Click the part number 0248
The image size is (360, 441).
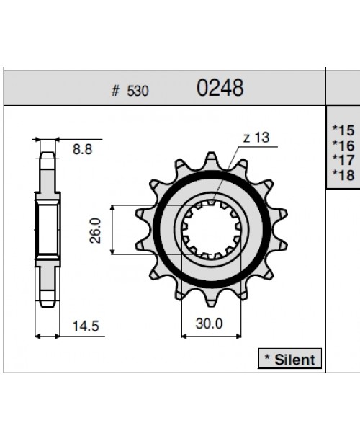tap(220, 89)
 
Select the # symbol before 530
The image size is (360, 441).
tap(115, 92)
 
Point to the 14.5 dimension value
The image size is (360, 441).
tap(85, 326)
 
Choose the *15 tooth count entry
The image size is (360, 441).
tap(343, 130)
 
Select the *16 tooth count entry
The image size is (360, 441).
tap(343, 146)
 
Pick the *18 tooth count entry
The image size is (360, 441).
tap(343, 174)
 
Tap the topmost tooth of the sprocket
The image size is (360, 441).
tap(212, 159)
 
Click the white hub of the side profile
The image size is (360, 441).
tap(48, 229)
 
